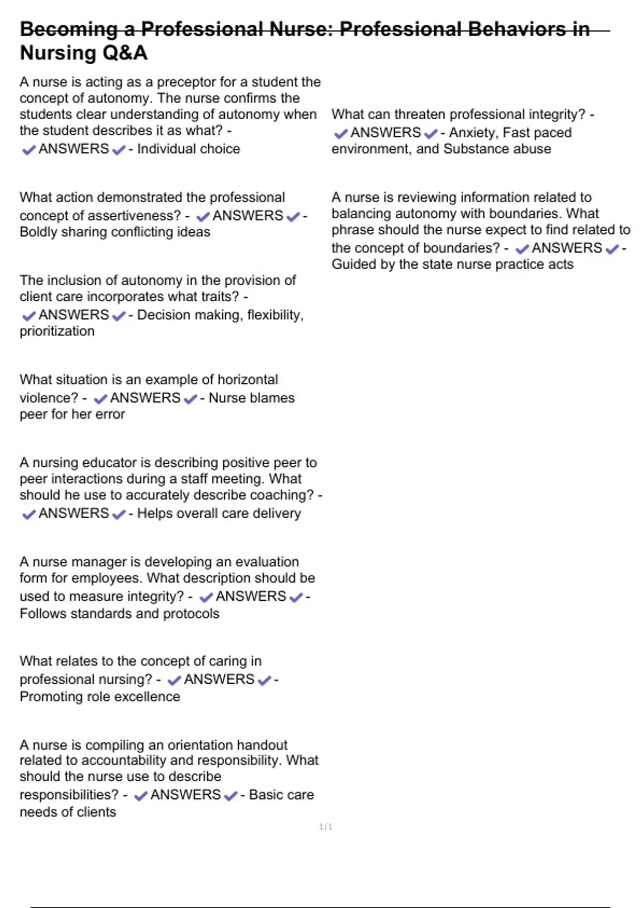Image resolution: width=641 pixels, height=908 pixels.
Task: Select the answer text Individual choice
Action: point(189,149)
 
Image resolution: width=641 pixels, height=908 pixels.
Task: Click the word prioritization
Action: point(57,332)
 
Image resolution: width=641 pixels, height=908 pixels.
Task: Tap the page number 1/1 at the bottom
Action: point(326,827)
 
